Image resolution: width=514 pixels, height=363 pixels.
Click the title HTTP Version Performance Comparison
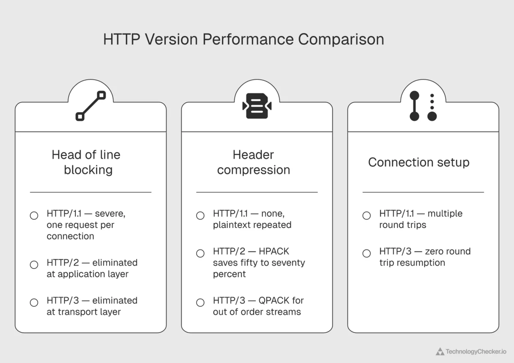tap(243, 39)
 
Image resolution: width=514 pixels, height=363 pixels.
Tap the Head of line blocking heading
tap(86, 162)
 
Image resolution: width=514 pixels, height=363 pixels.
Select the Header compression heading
tap(254, 162)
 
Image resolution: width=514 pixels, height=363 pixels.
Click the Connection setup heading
tap(418, 162)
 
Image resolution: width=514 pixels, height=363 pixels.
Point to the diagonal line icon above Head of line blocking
tap(90, 106)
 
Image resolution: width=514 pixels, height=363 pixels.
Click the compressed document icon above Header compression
tap(257, 106)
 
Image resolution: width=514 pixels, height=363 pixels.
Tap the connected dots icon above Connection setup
tap(423, 106)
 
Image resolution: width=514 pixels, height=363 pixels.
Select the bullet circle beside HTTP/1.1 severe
tap(34, 216)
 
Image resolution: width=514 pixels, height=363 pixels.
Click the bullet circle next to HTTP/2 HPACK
tap(200, 253)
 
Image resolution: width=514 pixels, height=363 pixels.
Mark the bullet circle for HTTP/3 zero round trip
tap(366, 253)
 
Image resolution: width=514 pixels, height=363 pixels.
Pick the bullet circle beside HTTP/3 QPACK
tap(200, 303)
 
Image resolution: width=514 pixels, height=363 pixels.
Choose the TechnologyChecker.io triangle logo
tap(440, 351)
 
